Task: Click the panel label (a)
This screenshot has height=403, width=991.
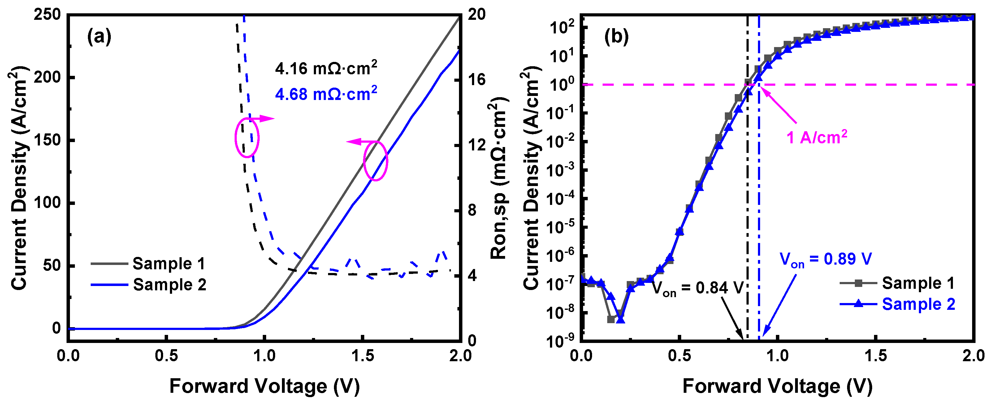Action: pyautogui.click(x=99, y=37)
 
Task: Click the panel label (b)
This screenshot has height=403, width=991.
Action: pyautogui.click(x=616, y=37)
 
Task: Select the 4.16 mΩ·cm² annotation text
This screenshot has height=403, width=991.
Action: pyautogui.click(x=326, y=68)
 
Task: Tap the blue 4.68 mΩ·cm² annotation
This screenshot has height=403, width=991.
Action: pyautogui.click(x=326, y=93)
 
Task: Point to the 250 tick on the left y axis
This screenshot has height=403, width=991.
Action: pyautogui.click(x=47, y=15)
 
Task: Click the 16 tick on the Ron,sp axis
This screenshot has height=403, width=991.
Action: pyautogui.click(x=477, y=80)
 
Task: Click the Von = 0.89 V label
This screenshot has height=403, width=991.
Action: pyautogui.click(x=825, y=259)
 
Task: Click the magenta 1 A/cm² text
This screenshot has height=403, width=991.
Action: pyautogui.click(x=816, y=137)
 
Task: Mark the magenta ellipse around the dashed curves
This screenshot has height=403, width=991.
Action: pyautogui.click(x=247, y=138)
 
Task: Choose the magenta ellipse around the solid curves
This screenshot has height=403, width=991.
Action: pyautogui.click(x=375, y=161)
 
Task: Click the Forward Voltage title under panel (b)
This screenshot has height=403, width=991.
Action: pyautogui.click(x=777, y=386)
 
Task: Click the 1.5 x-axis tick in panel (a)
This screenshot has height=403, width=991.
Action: pyautogui.click(x=362, y=356)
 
